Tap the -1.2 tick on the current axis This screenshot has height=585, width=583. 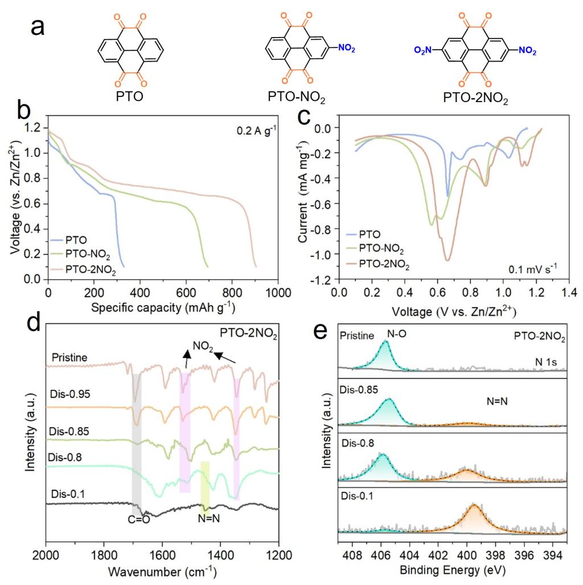[323, 279]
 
